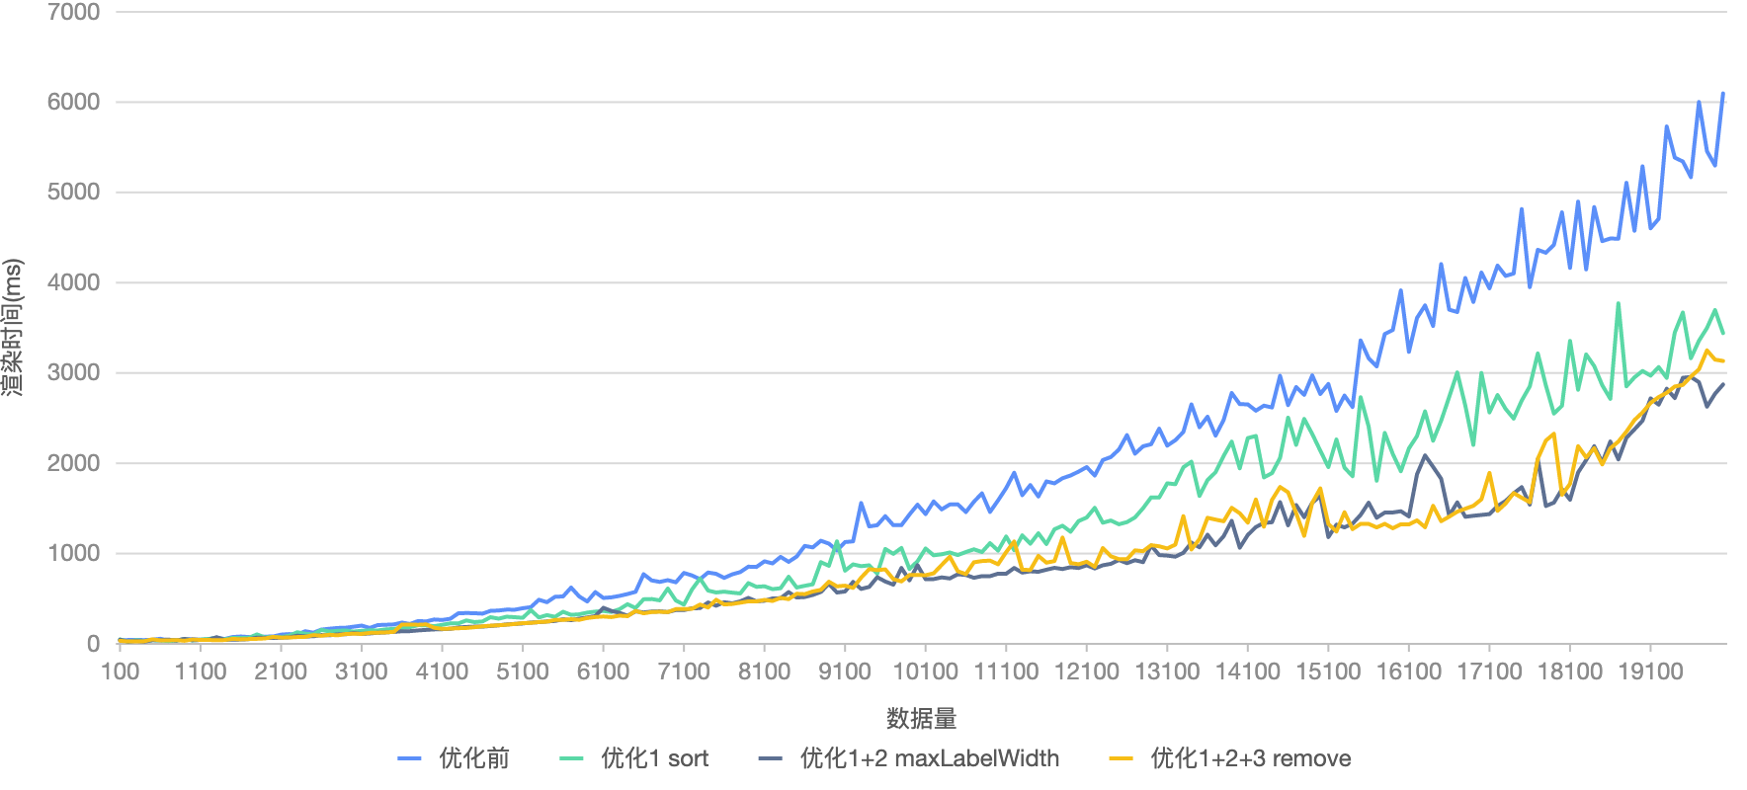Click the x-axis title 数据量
921,718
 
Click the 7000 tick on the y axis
73,12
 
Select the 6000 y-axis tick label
73,102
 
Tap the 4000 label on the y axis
73,282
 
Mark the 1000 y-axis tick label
73,553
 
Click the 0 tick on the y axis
93,644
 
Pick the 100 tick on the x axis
120,671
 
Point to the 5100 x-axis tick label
522,671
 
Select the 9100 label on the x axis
844,671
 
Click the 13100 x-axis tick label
1166,671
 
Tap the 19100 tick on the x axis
1649,671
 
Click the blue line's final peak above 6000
1723,94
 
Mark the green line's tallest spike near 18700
1618,304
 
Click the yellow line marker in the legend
1121,758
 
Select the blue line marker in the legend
409,758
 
